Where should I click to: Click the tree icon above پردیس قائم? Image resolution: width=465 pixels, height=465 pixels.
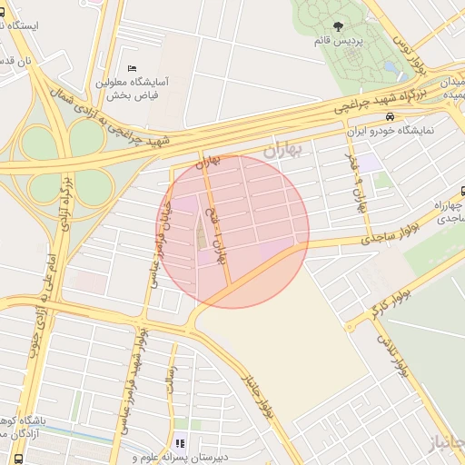click(339, 27)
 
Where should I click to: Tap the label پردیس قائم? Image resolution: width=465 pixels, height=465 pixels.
click(339, 43)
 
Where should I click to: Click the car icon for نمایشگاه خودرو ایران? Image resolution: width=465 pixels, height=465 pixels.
click(389, 117)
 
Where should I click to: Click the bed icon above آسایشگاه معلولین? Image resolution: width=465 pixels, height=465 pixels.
click(133, 68)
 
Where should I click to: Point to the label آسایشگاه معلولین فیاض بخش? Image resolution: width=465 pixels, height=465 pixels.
click(133, 87)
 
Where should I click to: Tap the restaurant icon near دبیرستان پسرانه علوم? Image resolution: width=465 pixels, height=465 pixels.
click(180, 444)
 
